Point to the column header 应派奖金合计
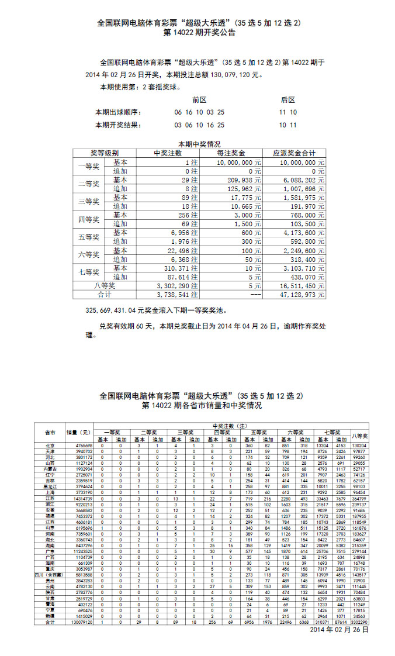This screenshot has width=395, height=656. [294, 153]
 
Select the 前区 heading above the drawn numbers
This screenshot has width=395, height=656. [199, 100]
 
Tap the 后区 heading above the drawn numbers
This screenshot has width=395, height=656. [287, 100]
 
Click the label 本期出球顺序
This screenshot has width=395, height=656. [119, 112]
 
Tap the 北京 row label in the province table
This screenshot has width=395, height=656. [50, 446]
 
